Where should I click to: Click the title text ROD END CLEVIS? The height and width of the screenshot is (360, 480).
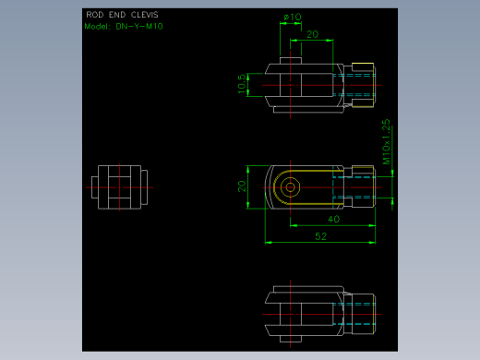[122, 15]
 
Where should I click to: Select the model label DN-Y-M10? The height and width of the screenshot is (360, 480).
[139, 27]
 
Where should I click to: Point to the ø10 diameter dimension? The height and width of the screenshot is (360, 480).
[293, 17]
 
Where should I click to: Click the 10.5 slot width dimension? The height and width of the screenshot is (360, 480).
[242, 83]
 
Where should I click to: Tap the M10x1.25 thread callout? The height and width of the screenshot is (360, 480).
[386, 142]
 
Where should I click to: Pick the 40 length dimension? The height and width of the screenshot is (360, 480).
[333, 219]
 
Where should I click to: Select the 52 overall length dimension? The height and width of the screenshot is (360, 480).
[320, 236]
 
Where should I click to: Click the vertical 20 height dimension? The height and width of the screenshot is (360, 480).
[242, 186]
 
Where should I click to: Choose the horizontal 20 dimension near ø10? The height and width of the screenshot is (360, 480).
[313, 34]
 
